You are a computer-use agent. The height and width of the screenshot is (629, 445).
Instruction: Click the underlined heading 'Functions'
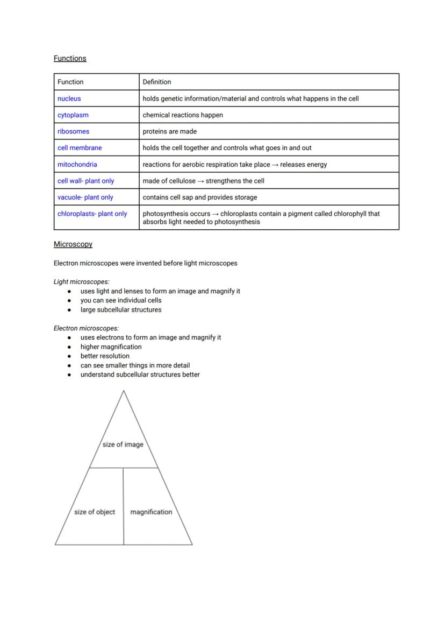point(70,58)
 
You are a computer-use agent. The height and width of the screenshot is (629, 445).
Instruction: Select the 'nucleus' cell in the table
point(69,98)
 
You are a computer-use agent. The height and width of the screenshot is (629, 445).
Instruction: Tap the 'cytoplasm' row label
point(73,115)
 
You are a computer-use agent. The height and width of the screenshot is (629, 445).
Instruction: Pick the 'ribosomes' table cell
point(74,131)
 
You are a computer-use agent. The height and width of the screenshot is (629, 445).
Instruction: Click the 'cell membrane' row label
point(80,148)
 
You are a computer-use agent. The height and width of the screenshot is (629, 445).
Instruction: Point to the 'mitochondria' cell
point(77,165)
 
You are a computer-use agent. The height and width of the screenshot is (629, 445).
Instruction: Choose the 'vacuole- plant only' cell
point(85,197)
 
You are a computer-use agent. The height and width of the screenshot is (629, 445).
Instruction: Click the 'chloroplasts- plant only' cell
point(92,214)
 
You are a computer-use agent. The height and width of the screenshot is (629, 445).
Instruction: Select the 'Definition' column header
point(157,82)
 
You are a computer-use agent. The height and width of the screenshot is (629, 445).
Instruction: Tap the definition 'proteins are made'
point(170,131)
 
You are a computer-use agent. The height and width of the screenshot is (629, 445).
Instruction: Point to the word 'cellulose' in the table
point(182,181)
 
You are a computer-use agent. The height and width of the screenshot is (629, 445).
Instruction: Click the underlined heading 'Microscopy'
point(73,244)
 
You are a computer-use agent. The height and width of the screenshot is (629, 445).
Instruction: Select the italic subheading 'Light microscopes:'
point(82,281)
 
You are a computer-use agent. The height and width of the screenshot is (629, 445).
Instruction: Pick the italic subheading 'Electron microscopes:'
point(87,328)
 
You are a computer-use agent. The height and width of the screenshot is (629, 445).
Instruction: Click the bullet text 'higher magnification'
point(111,347)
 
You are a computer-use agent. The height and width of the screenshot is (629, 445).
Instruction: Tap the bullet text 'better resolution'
point(105,356)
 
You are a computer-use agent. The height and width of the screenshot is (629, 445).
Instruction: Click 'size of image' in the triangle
point(123,444)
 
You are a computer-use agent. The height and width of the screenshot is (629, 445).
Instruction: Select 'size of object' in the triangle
point(95,512)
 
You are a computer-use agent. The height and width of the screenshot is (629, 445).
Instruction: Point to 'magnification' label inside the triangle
point(151,512)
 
